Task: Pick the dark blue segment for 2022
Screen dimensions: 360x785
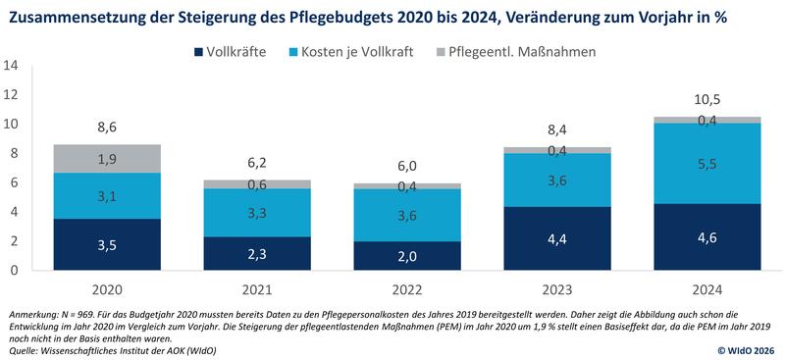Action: click(x=408, y=256)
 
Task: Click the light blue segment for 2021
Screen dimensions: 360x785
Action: click(x=257, y=213)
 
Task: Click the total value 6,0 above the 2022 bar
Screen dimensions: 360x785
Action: click(x=408, y=166)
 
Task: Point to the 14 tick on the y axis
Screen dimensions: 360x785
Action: click(x=12, y=67)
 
